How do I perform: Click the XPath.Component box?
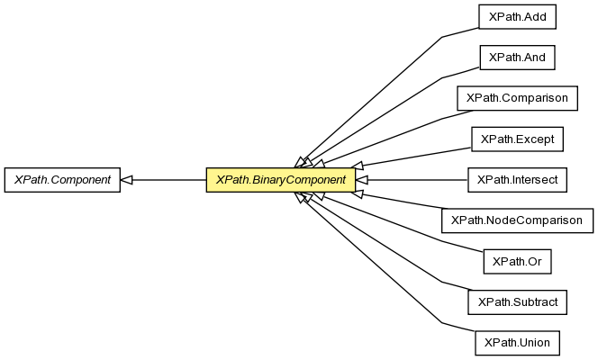(x=61, y=180)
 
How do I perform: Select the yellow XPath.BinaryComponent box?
(x=280, y=180)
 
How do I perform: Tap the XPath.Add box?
(x=518, y=16)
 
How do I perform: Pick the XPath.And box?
(x=518, y=58)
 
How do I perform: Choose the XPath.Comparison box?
(x=517, y=98)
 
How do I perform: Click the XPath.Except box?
(x=518, y=139)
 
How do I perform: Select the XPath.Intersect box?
(x=517, y=180)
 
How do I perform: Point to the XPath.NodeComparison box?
(x=517, y=220)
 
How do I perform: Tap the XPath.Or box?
(x=517, y=262)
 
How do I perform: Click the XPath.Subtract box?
(x=517, y=302)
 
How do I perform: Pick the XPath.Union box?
(x=517, y=343)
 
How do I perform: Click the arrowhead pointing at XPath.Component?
(x=127, y=180)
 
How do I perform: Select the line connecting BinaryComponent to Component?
(x=171, y=180)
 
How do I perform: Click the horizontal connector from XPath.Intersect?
(x=414, y=180)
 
